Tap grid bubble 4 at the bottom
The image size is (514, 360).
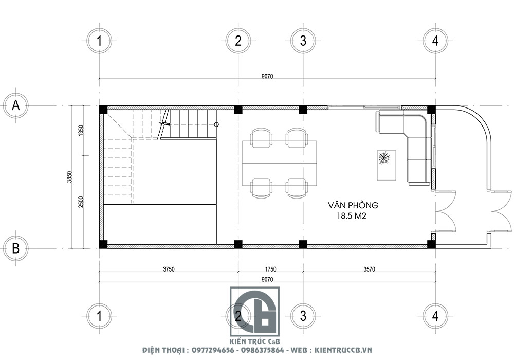[x=435, y=315]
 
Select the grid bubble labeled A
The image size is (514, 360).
[x=16, y=105]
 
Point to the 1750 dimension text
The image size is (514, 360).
[x=270, y=269]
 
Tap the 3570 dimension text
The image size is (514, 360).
[x=369, y=269]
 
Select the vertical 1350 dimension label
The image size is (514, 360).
[x=81, y=130]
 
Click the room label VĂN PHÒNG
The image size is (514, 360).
[x=353, y=205]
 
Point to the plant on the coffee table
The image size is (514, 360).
[x=384, y=158]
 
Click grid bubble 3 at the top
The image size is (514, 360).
[x=303, y=41]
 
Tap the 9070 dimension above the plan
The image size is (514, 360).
[x=267, y=76]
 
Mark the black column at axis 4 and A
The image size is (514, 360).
[x=431, y=109]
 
